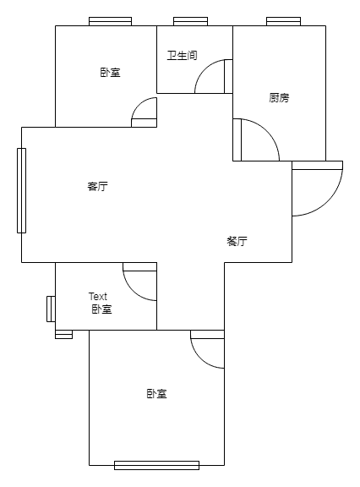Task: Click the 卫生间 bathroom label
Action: point(183,56)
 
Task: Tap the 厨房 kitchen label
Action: point(279,98)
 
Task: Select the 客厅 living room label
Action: point(98,187)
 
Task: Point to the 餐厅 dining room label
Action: point(237,241)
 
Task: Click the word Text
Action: point(98,297)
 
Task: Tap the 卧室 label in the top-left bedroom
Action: point(110,73)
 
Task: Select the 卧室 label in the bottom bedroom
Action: point(156,394)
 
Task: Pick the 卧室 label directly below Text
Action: point(101,309)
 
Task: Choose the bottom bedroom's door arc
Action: point(200,358)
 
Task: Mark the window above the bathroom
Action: point(190,21)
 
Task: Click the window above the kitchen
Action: point(283,21)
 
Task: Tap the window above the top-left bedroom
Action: point(110,21)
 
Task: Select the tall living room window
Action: point(21,190)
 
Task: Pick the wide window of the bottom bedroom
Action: point(156,465)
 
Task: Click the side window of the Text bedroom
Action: point(52,309)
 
